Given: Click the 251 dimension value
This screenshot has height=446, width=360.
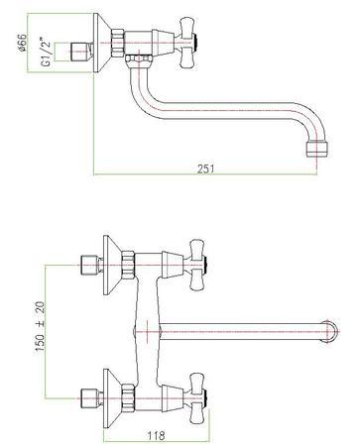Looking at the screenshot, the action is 206,168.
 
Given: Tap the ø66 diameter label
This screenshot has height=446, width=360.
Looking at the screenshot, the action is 22,43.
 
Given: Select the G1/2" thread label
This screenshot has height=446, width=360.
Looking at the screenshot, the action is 47,53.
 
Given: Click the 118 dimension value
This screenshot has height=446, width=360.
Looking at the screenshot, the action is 156,435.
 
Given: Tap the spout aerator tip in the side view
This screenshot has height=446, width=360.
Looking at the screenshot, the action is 316,149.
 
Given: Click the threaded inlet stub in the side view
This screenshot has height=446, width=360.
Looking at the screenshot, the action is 81,53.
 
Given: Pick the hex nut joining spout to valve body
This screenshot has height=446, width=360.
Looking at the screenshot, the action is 139,60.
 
